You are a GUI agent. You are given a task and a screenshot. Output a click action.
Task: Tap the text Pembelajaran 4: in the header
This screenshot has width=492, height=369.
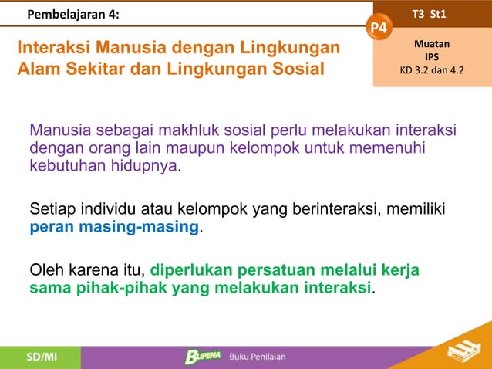pyautogui.click(x=73, y=14)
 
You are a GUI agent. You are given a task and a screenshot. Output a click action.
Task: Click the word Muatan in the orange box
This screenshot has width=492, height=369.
pyautogui.click(x=433, y=44)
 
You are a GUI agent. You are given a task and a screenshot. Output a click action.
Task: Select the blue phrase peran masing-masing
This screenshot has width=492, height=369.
pyautogui.click(x=114, y=229)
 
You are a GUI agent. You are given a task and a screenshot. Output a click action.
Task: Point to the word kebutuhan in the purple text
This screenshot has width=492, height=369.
pyautogui.click(x=65, y=166)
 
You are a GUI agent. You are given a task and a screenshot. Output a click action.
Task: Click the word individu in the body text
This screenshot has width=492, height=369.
pyautogui.click(x=110, y=209)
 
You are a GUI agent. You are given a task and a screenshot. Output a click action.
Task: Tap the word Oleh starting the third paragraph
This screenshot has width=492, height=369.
pyautogui.click(x=46, y=271)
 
